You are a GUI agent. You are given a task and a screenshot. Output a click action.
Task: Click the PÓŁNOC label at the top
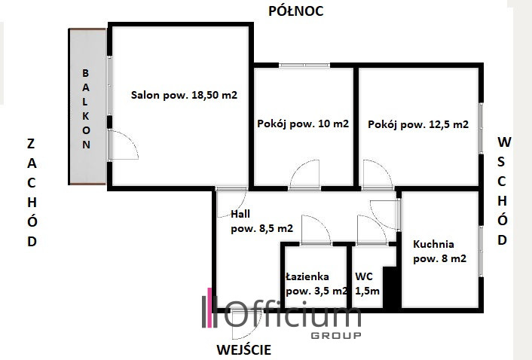pos(296,11)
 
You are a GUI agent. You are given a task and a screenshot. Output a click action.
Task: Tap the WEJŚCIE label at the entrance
pos(244,349)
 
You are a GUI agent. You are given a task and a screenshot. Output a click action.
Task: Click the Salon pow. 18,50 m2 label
pos(184,95)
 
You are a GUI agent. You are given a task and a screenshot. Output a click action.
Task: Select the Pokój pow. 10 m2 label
pos(303,124)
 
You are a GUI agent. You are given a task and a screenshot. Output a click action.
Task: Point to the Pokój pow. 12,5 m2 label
pos(418,124)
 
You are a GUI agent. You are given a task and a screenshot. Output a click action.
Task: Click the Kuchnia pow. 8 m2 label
pos(440,252)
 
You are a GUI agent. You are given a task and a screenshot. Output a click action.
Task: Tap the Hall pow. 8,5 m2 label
pos(261,221)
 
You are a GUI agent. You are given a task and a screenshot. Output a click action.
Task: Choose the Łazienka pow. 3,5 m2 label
pos(316,284)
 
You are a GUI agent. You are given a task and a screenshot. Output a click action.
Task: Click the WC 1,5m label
pos(368,284)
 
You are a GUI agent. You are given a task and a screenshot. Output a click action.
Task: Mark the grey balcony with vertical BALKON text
pos(87,106)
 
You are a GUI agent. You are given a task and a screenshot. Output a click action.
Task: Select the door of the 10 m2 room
pos(304,174)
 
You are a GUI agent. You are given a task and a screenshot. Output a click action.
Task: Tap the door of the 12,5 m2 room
pos(378,174)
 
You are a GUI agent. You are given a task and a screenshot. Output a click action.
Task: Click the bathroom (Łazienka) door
pos(316,230)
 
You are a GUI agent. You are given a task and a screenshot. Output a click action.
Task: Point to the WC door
pos(371,230)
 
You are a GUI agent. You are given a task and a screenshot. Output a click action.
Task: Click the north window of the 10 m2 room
pos(304,66)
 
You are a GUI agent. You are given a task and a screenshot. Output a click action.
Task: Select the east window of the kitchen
pos(481,252)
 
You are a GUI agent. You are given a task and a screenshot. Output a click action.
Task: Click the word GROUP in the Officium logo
pos(336,336)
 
